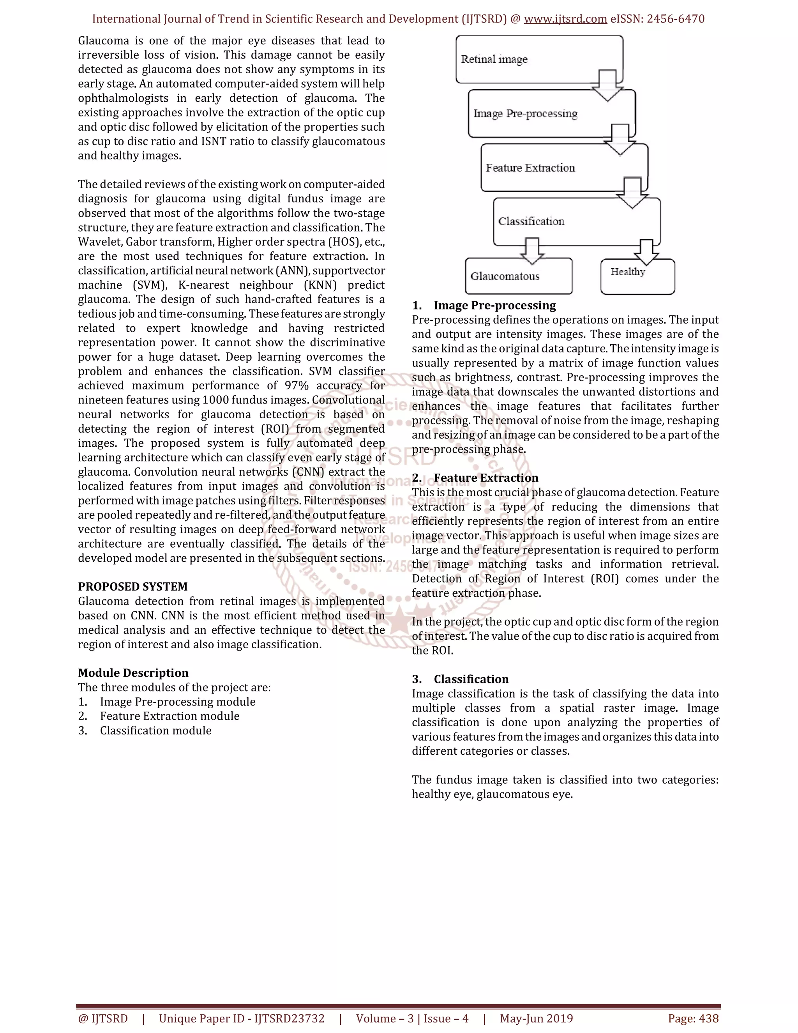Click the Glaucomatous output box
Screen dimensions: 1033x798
point(518,276)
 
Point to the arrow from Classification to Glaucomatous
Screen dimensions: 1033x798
point(532,251)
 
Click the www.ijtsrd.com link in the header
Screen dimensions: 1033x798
point(565,19)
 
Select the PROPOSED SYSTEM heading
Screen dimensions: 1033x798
point(133,587)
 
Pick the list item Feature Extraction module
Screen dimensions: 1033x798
point(169,716)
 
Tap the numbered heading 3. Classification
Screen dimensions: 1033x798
point(461,679)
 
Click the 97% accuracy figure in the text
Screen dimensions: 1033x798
point(297,386)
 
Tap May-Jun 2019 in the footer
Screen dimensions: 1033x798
point(536,1018)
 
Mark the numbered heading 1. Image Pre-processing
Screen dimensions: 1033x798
point(484,305)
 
